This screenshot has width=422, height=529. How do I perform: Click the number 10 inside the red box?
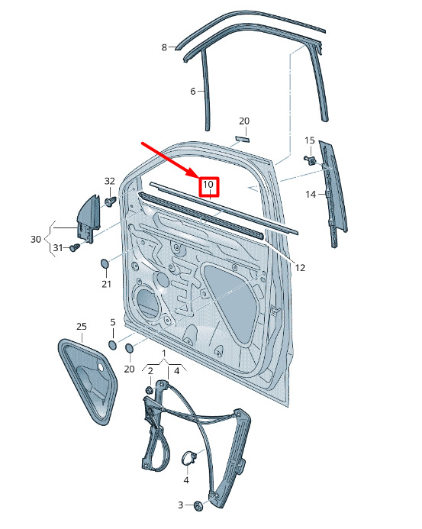[208, 185]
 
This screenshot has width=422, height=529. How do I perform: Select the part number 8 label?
[164, 47]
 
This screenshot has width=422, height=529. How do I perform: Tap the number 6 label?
[193, 91]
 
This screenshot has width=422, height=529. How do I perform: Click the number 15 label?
[310, 140]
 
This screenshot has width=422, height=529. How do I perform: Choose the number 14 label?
[311, 195]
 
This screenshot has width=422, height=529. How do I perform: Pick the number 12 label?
[300, 268]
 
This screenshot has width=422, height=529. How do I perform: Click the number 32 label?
[110, 181]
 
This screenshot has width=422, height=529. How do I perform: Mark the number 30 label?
[36, 239]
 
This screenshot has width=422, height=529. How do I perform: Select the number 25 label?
[82, 326]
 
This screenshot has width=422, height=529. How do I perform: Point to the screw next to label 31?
[75, 247]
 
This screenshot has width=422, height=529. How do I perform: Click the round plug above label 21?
[105, 264]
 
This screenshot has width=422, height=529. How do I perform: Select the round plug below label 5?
[112, 345]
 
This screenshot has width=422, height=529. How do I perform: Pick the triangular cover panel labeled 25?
[87, 381]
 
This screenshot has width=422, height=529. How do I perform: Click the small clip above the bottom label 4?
[189, 459]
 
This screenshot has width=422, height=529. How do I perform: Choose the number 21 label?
[106, 284]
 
